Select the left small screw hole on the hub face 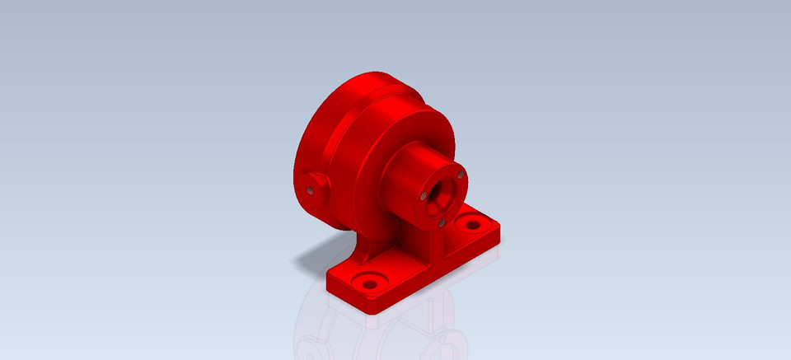pos(422,197)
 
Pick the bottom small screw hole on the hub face pos(442,220)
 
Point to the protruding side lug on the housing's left pos(314,186)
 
